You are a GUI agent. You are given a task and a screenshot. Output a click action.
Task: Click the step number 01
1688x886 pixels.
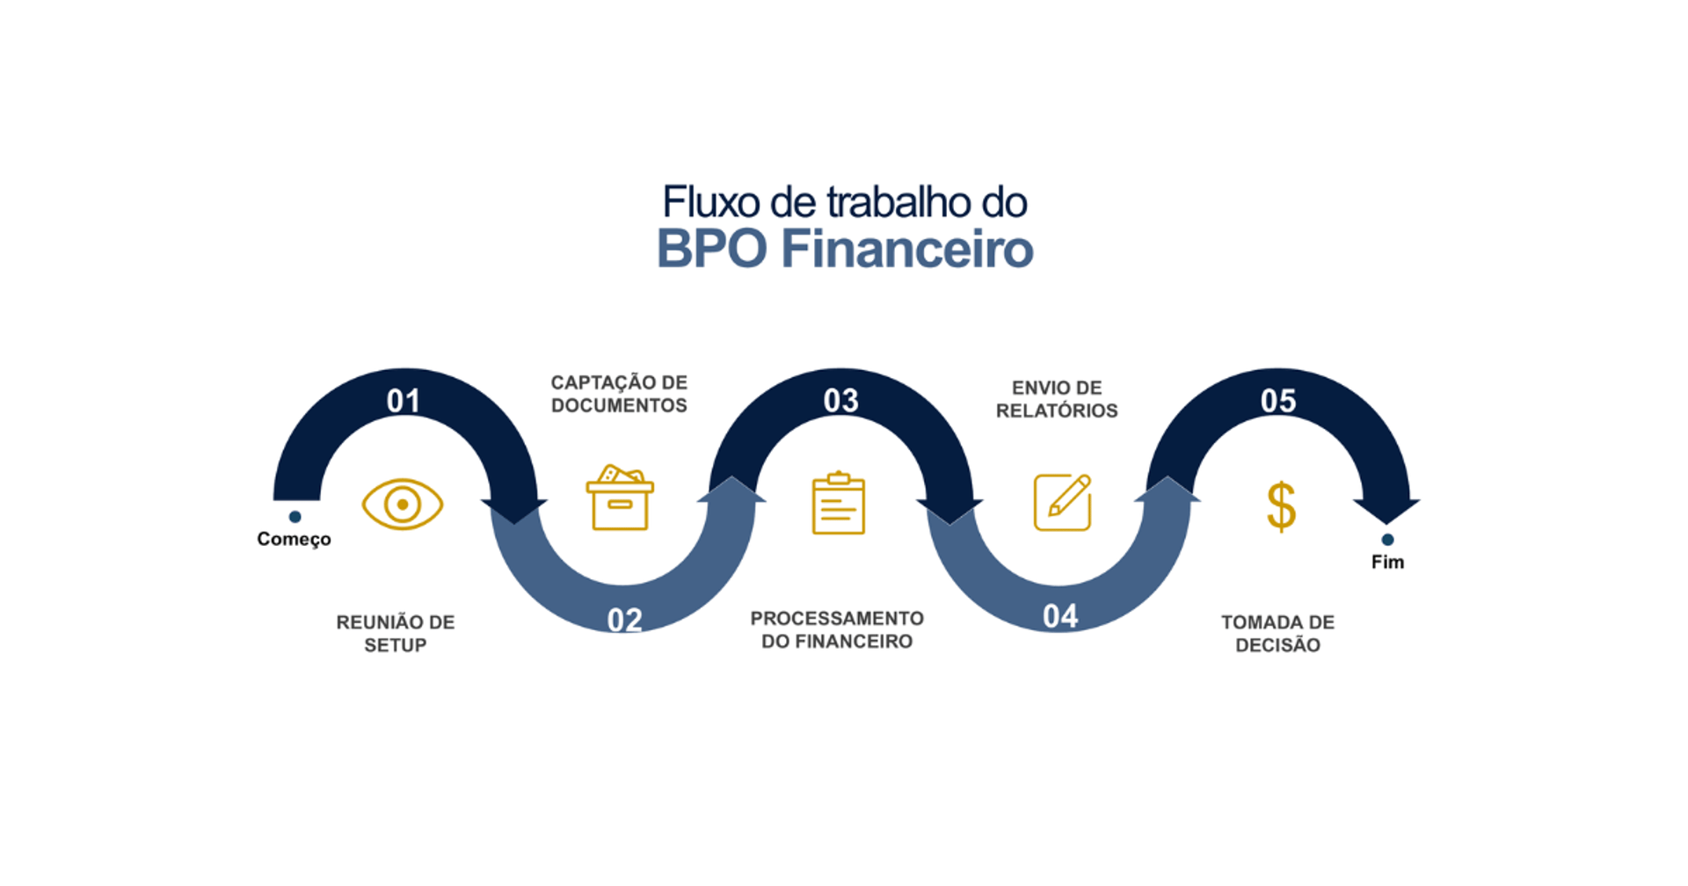404,401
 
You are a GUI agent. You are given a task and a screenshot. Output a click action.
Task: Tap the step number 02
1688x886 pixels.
624,621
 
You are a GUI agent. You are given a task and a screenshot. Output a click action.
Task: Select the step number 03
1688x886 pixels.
840,401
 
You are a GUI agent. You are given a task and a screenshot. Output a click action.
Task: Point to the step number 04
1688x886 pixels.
1060,617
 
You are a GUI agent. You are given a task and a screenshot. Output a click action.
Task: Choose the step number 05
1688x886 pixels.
1277,401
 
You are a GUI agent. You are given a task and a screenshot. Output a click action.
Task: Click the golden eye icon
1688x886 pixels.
403,505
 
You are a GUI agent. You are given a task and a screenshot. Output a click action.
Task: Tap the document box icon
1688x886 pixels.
620,498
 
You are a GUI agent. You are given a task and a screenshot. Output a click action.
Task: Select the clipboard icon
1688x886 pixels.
838,504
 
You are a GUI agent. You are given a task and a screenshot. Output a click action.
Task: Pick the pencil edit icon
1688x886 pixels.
1062,503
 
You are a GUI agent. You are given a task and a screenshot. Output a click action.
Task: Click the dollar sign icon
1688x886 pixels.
1281,506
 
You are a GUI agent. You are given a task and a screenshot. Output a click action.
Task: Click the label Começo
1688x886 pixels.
294,539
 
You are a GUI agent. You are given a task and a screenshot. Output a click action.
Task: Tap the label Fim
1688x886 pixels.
1387,562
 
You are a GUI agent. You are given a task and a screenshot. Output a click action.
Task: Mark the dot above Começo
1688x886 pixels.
295,517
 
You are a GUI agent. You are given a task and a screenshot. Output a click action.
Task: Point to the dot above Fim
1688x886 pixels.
1387,540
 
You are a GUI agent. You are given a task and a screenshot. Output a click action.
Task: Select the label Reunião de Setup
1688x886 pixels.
396,634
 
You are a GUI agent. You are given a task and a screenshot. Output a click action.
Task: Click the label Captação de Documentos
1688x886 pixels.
619,394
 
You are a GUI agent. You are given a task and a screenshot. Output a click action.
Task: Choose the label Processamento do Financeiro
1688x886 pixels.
837,630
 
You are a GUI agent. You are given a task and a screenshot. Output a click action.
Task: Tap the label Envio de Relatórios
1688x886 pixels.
1057,399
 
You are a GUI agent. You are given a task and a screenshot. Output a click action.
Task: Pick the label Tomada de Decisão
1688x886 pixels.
1277,634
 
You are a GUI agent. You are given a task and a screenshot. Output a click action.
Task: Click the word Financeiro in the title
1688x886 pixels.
906,249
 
